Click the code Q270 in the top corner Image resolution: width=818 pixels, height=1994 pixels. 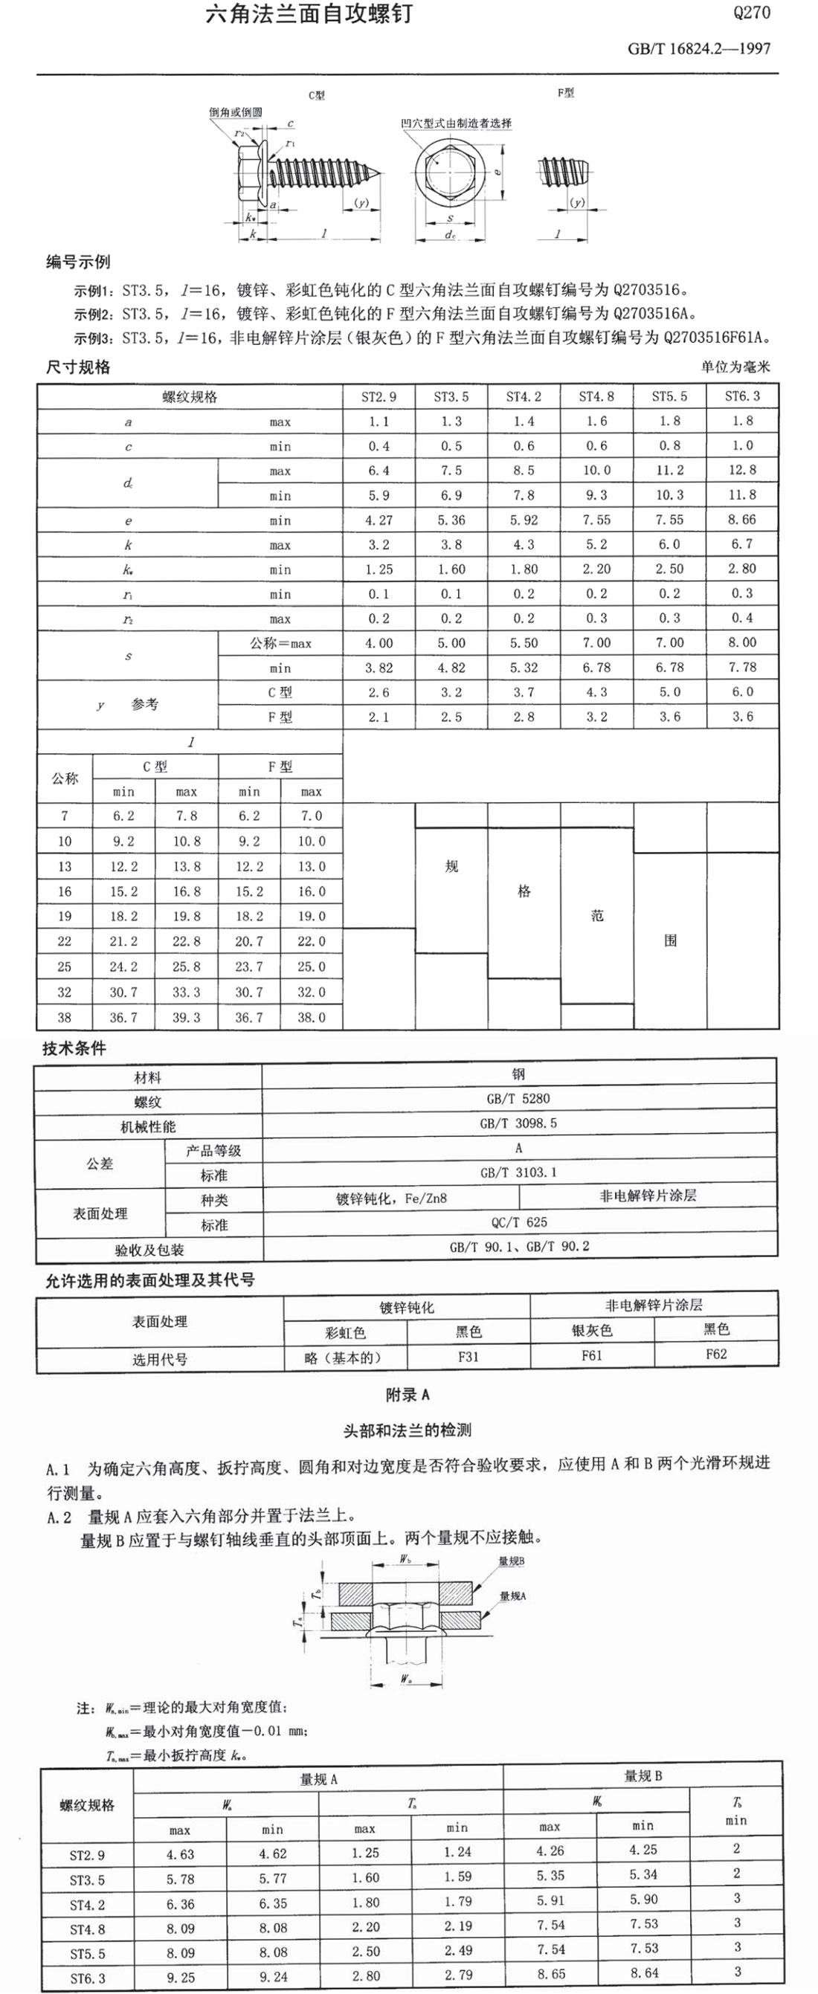[x=750, y=13]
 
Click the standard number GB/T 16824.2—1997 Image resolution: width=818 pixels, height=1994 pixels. [x=698, y=49]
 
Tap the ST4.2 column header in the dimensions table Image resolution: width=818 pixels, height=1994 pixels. [x=524, y=397]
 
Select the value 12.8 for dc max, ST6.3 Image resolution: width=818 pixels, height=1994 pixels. [x=742, y=470]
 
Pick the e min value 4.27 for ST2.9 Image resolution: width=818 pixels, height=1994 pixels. [x=379, y=520]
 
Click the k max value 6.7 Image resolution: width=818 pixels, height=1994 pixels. [x=742, y=544]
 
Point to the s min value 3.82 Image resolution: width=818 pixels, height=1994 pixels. [x=379, y=667]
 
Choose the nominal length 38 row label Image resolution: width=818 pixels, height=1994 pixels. [x=64, y=1017]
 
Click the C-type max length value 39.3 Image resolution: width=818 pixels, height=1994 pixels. [x=186, y=1017]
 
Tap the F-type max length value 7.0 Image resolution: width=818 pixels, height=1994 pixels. [x=311, y=816]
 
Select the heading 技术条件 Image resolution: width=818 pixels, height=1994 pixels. [x=74, y=1049]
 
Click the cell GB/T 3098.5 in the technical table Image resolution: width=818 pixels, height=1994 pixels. [x=518, y=1123]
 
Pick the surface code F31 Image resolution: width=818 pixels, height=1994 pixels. [x=468, y=1356]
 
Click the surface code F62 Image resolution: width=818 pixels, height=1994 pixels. [x=716, y=1354]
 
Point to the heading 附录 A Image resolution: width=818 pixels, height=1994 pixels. [x=408, y=1395]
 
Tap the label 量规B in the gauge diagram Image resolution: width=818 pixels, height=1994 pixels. [x=511, y=1561]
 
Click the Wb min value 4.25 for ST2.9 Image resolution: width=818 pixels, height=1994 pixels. [x=643, y=1849]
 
